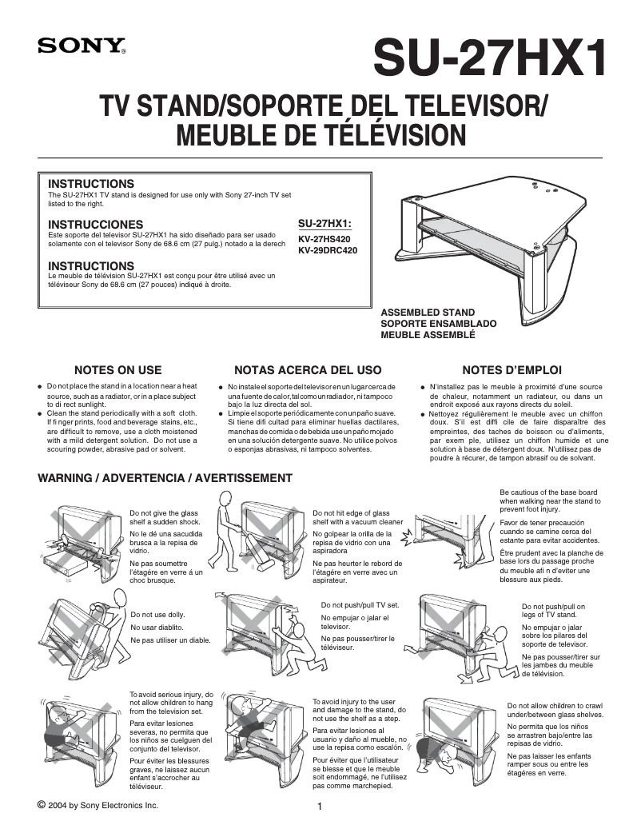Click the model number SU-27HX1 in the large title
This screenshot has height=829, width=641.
coord(488,59)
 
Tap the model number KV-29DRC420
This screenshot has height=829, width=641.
coord(328,250)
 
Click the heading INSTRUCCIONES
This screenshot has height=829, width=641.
coord(96,224)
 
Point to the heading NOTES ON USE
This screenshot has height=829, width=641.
coord(117,370)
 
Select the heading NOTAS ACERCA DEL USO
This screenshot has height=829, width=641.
coord(308,370)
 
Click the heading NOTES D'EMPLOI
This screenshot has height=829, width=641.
coord(512,370)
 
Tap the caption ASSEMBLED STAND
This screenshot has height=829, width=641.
coord(428,313)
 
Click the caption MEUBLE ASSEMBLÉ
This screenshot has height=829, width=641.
coord(428,335)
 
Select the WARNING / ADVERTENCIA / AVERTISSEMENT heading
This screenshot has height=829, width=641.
coord(165,478)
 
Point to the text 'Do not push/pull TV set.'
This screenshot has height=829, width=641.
coord(360,605)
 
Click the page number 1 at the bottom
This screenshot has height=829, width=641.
coord(320,807)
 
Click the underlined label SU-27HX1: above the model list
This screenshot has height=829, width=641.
coord(324,224)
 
